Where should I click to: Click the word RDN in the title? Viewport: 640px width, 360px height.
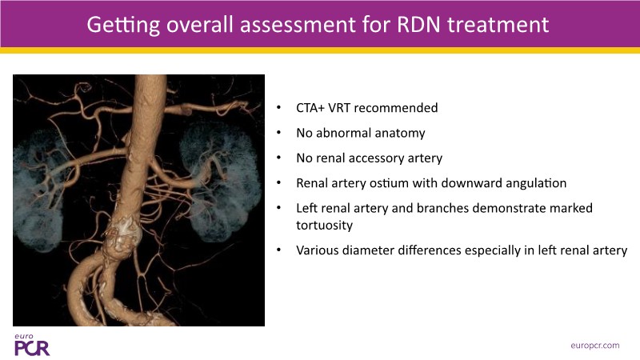(x=418, y=25)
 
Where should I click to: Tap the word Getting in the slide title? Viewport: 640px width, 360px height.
(x=123, y=26)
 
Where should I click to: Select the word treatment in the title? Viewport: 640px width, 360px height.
(x=498, y=25)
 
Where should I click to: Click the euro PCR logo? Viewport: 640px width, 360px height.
(x=32, y=345)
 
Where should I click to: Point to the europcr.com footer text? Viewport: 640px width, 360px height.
(x=595, y=346)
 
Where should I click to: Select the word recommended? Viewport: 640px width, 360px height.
(x=396, y=108)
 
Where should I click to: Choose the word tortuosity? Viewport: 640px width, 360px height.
(x=325, y=225)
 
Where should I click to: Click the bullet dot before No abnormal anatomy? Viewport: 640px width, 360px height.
(x=278, y=133)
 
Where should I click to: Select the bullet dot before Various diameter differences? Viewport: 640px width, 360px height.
(x=278, y=250)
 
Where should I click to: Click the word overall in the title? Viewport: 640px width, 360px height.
(x=200, y=25)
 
